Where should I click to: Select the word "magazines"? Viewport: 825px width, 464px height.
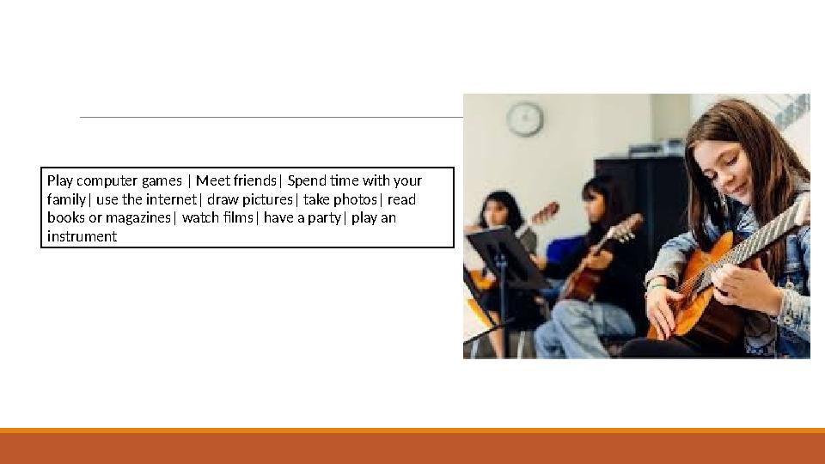[x=138, y=217]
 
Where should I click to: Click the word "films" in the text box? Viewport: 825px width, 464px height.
[x=238, y=217]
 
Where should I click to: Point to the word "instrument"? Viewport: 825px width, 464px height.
[x=82, y=236]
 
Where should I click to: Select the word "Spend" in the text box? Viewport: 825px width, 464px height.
[x=306, y=180]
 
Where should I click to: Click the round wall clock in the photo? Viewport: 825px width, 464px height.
[x=524, y=119]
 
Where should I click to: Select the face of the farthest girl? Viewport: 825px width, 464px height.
[x=496, y=211]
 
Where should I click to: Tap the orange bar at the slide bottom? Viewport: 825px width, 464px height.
[x=412, y=446]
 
